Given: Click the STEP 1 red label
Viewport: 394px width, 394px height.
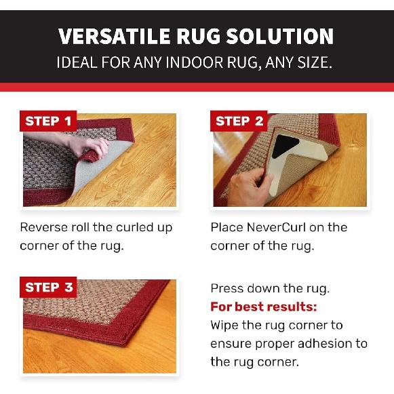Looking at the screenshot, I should click(x=48, y=121).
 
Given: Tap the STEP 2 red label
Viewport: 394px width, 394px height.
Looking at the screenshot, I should click(x=239, y=121).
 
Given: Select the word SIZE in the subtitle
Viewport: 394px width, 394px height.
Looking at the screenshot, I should click(x=315, y=64).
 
